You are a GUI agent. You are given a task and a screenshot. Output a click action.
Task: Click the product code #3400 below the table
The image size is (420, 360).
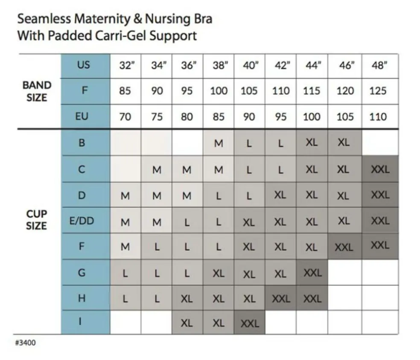[x=25, y=342]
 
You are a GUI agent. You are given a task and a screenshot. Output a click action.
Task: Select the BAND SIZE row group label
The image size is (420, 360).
[x=37, y=91]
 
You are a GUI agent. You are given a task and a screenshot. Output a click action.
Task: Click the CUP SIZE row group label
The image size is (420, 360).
[x=37, y=220]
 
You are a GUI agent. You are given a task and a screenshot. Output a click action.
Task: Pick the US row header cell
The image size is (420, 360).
[x=84, y=65]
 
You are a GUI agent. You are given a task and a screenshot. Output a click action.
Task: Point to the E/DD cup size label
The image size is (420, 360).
[x=82, y=221]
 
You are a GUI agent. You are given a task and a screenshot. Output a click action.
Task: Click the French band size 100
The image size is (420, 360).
[x=219, y=91]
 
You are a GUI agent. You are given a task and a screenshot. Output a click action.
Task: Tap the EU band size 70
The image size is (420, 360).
[x=125, y=117]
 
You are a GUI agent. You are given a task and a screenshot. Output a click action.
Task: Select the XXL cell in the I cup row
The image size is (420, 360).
[x=250, y=323]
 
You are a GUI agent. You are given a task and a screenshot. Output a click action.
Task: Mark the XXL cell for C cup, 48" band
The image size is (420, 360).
[x=380, y=170]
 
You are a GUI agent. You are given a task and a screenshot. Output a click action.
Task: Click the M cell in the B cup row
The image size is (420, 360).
[x=219, y=143]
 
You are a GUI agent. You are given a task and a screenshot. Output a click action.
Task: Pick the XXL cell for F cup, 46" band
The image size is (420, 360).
[x=344, y=247]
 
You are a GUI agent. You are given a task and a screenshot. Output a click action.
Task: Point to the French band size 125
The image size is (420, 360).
[x=378, y=91]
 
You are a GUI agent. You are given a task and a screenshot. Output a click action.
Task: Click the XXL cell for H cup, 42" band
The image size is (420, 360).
[x=281, y=299]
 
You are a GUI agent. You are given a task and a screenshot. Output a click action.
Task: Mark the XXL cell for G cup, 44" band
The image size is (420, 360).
[x=312, y=272]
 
